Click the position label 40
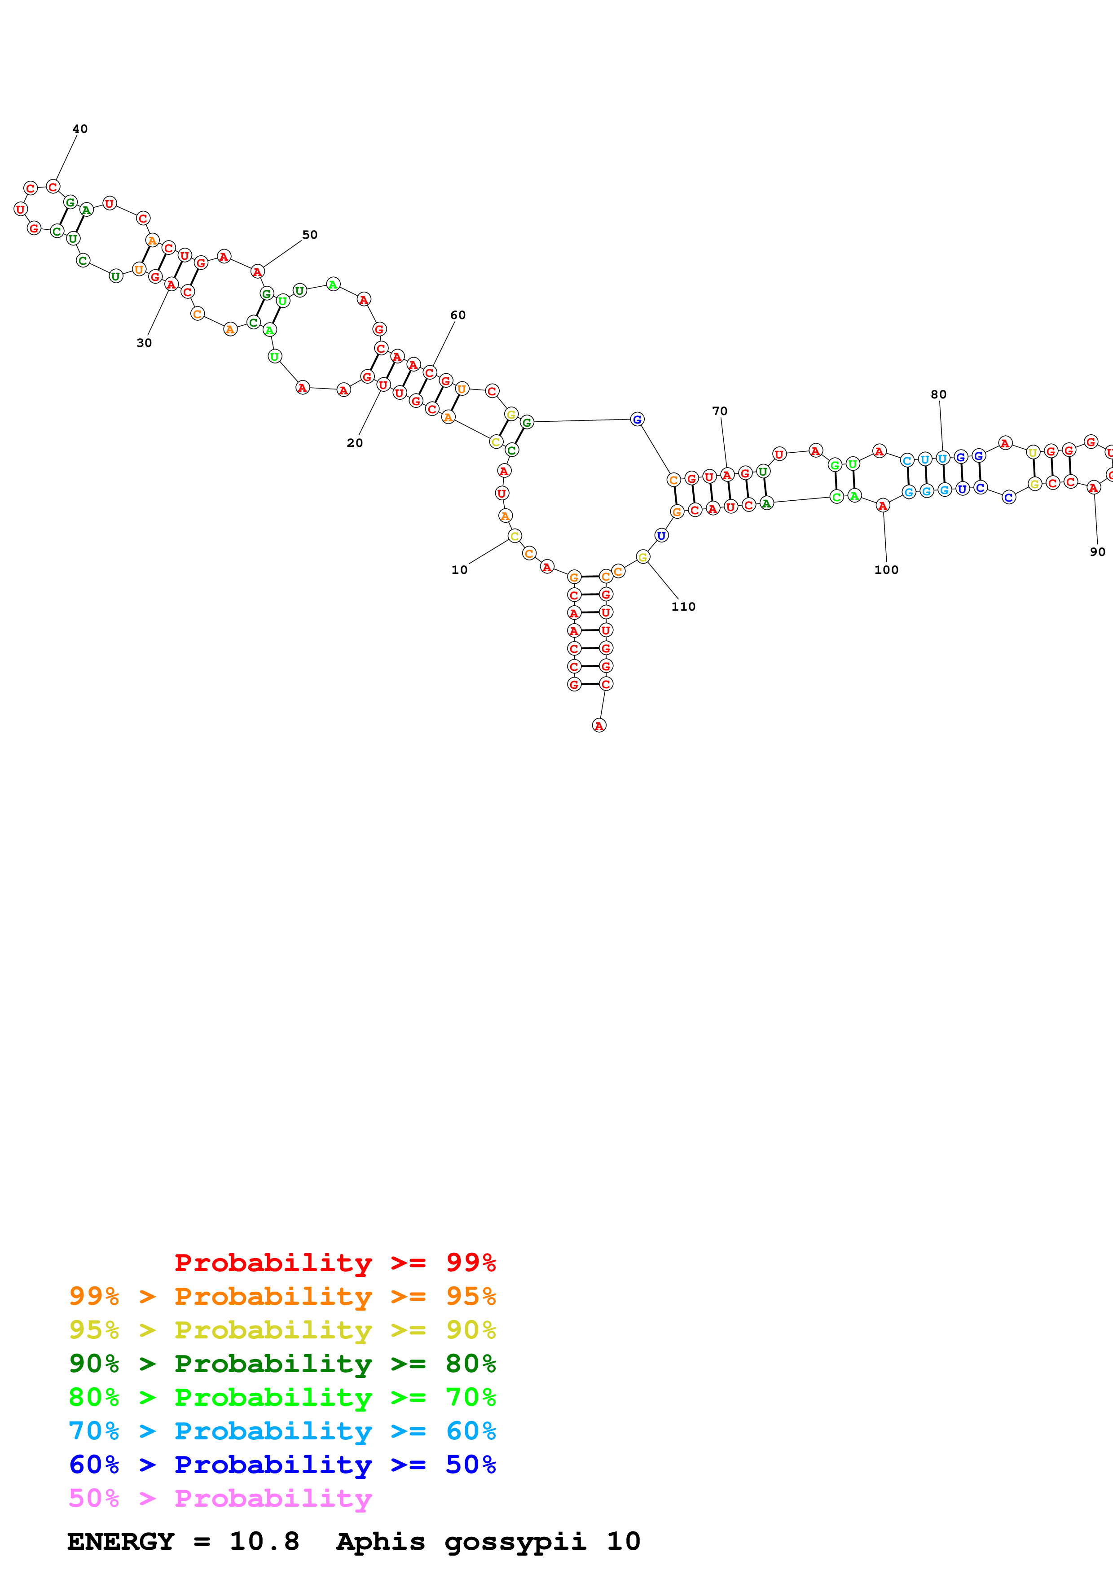80,129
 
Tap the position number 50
310,235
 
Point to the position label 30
144,343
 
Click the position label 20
355,443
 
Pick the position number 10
459,570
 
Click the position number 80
939,394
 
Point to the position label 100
886,570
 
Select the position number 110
683,607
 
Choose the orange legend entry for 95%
282,1296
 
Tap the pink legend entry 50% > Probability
220,1499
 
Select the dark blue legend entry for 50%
282,1465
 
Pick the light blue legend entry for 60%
282,1431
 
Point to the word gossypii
515,1542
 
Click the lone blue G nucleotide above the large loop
637,419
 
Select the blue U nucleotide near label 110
661,535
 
